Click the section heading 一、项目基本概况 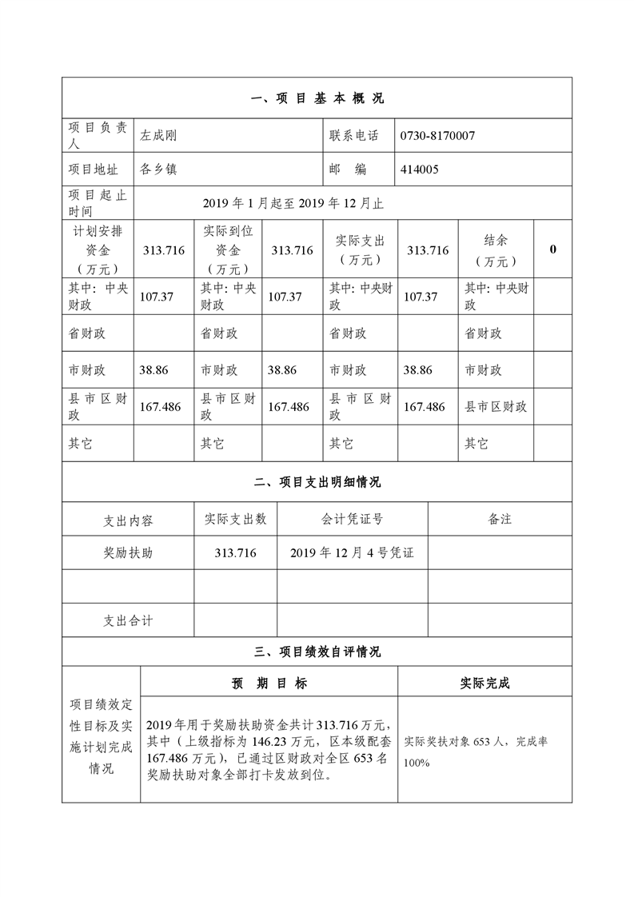[317, 99]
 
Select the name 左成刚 [158, 136]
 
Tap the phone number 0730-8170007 [437, 136]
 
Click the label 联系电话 [354, 136]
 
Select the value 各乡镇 [158, 169]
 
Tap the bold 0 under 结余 [553, 249]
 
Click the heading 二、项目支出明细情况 [317, 483]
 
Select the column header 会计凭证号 [352, 519]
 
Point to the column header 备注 [500, 519]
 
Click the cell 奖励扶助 [128, 552]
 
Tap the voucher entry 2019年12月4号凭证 [352, 552]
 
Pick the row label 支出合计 [128, 620]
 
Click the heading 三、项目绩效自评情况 [317, 652]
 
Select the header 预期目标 [269, 683]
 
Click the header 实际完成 [484, 683]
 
